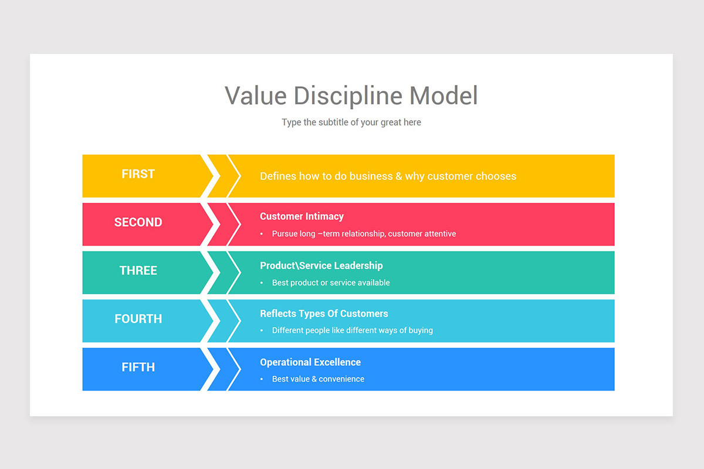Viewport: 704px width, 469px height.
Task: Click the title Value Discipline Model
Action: [x=351, y=96]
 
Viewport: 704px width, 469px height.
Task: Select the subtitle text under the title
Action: [x=351, y=123]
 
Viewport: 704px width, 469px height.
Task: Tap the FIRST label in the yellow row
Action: [x=138, y=174]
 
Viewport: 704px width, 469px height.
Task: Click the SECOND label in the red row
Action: [x=138, y=222]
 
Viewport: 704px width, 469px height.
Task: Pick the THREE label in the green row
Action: [x=138, y=271]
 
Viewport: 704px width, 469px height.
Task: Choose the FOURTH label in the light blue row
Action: [x=138, y=319]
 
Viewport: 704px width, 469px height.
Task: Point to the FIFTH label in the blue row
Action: [x=138, y=368]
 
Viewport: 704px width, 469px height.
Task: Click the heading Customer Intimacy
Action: [x=302, y=216]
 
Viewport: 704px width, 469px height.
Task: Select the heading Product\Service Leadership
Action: [x=321, y=266]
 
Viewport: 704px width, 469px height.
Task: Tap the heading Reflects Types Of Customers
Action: [x=324, y=314]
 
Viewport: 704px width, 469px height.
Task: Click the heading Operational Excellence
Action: [x=310, y=362]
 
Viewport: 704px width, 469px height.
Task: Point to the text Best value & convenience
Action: [x=318, y=379]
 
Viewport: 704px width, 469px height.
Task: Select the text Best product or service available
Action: [x=331, y=283]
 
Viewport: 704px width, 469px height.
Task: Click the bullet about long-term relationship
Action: [x=364, y=234]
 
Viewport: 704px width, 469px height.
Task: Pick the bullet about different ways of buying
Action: [x=352, y=331]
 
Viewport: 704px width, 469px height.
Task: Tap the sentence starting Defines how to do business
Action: [x=388, y=176]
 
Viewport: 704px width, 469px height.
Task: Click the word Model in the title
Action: [x=444, y=96]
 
